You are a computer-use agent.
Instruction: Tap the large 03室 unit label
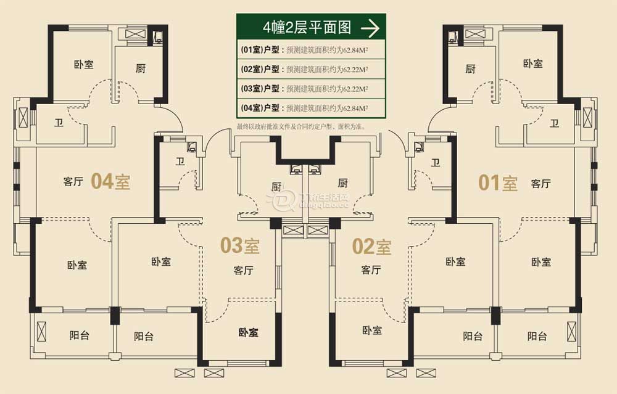tap(240, 246)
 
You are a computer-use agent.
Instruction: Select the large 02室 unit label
tap(371, 247)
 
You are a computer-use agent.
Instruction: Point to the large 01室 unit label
tap(499, 183)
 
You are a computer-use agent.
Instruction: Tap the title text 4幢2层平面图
tap(307, 28)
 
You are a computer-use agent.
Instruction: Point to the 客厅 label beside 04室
tap(73, 182)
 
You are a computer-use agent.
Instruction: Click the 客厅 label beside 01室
tap(541, 184)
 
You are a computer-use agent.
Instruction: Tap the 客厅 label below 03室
tap(244, 270)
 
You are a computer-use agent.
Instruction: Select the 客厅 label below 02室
tap(371, 270)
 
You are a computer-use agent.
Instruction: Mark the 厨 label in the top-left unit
tap(141, 68)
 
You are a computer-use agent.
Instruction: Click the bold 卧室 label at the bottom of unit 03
tap(248, 332)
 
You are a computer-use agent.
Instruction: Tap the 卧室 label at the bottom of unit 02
tap(372, 330)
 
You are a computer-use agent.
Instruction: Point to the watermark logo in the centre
tap(281, 199)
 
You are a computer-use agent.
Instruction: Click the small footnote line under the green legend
tap(300, 126)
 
